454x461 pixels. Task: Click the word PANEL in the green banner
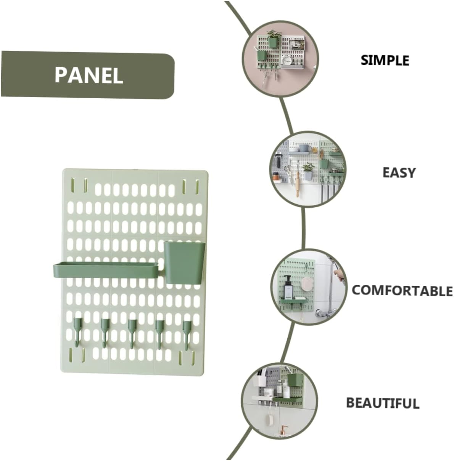pos(89,75)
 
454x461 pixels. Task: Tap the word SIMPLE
pos(385,60)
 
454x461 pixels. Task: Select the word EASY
pos(399,173)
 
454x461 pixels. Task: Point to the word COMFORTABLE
pos(402,290)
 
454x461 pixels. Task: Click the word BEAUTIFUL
pos(383,403)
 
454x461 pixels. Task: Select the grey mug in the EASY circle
pos(303,148)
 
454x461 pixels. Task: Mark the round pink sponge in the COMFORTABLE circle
pos(306,283)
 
